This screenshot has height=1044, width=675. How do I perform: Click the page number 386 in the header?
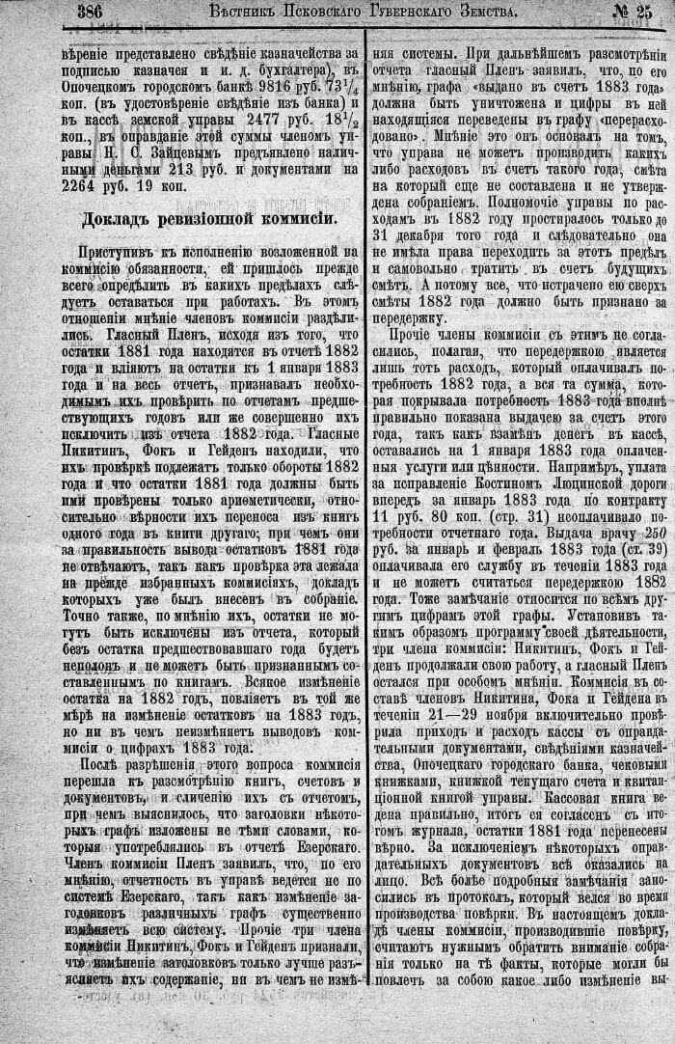(93, 13)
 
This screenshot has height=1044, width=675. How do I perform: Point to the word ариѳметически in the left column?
(232, 498)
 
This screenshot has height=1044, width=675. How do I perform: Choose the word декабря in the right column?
(432, 234)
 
